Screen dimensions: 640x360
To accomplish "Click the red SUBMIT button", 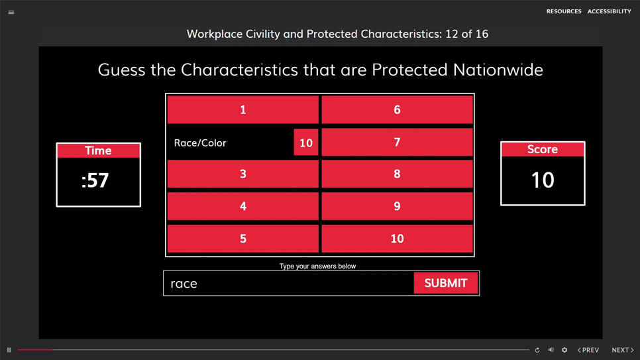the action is tap(446, 283).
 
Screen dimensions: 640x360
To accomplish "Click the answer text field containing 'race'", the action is tap(289, 283).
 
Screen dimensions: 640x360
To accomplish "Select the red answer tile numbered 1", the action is tap(243, 109).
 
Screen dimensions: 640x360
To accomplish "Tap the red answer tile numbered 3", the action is tap(243, 174).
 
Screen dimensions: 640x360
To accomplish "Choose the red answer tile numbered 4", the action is tap(243, 206).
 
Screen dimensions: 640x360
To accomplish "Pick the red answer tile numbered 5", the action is tap(243, 238).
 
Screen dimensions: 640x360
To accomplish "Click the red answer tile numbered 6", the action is tap(397, 109).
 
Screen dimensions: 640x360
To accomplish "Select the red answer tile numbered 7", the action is tap(397, 142).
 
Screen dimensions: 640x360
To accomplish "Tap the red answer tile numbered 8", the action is tap(397, 174).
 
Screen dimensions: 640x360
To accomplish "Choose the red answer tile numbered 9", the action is tap(397, 206).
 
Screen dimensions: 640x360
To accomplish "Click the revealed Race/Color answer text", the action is tap(200, 143).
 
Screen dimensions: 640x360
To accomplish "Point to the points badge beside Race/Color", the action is tap(306, 143).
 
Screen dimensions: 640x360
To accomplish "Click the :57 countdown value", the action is tap(95, 180).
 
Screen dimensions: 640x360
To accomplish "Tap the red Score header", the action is tap(543, 149).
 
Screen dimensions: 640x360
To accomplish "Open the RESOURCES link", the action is tap(564, 11).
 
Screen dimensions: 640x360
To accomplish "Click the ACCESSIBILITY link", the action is tap(609, 11).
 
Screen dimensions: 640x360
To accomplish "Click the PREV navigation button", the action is tap(588, 350).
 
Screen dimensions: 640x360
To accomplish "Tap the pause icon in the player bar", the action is tap(9, 350).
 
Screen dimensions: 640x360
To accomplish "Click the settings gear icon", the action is tap(564, 350).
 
